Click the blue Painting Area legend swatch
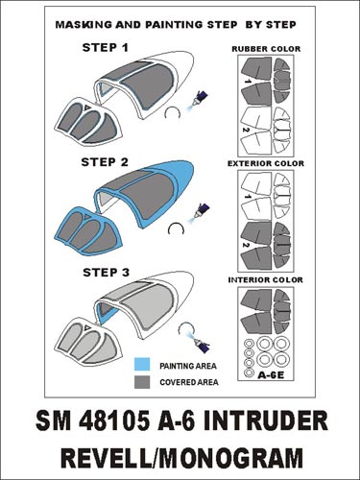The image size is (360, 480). click(x=140, y=365)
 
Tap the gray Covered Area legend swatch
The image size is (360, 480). click(x=140, y=381)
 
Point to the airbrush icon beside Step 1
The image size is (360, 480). click(x=204, y=98)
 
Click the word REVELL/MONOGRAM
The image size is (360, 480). click(x=180, y=456)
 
